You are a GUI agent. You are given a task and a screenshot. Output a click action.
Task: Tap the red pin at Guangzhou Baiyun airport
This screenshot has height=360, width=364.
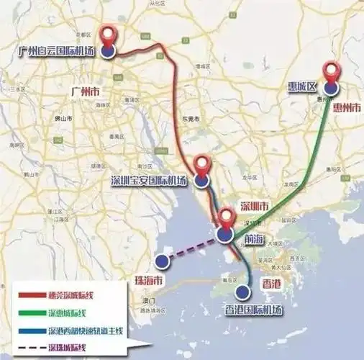[109, 36]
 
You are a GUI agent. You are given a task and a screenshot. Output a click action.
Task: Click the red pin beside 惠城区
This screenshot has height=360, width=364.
[331, 73]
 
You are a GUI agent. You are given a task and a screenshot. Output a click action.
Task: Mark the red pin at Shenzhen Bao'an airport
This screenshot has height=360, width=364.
[204, 166]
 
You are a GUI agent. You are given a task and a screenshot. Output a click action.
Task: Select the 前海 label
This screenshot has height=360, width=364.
[255, 237]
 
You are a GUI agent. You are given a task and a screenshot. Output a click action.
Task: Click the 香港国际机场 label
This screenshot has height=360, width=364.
[245, 310]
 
